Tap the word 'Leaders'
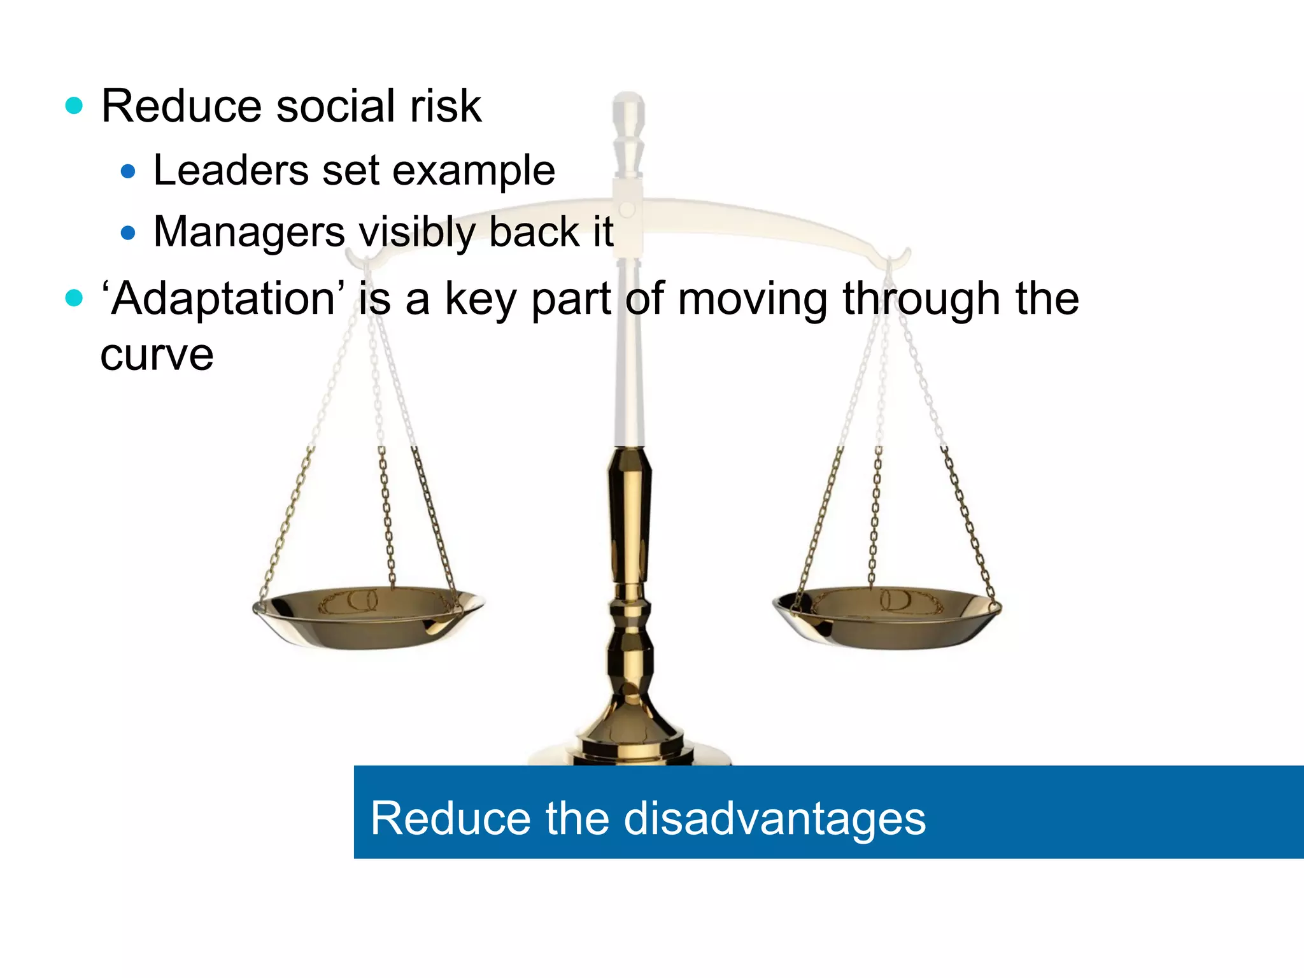pyautogui.click(x=231, y=171)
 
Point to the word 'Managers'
pyautogui.click(x=249, y=232)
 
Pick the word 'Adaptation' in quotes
pyautogui.click(x=223, y=299)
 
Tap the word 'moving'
pyautogui.click(x=751, y=299)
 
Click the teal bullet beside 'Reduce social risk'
pyautogui.click(x=74, y=106)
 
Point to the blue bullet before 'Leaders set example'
pyautogui.click(x=128, y=171)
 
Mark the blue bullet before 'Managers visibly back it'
pyautogui.click(x=128, y=233)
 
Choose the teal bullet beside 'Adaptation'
pyautogui.click(x=74, y=298)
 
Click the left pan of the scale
pyautogui.click(x=368, y=617)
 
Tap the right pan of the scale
pyautogui.click(x=887, y=617)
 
